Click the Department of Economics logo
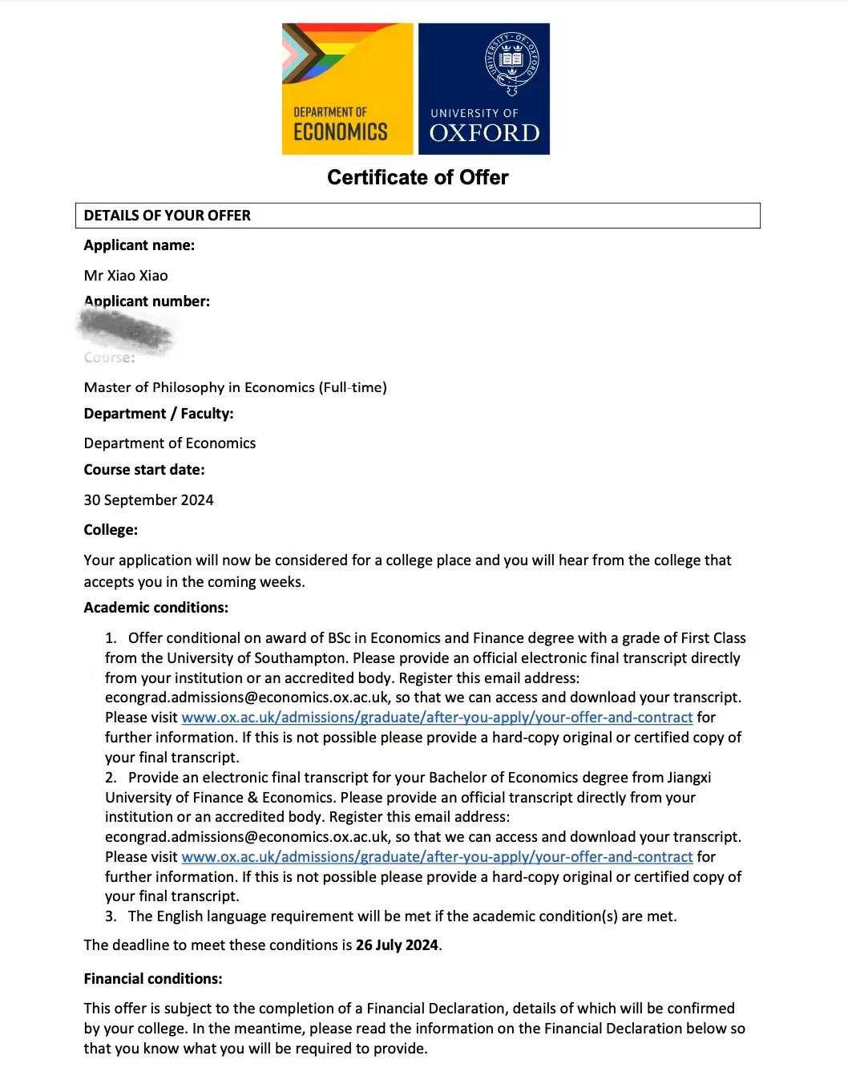pos(347,89)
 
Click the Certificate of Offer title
pos(418,177)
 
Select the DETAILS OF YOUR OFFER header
pos(167,216)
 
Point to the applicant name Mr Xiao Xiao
pos(126,276)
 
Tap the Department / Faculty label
pos(159,414)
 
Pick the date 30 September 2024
pos(148,500)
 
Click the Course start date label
pos(144,470)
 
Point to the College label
pos(111,530)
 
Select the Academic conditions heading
pos(155,608)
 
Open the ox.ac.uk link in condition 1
pos(437,718)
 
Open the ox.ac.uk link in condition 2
pos(437,857)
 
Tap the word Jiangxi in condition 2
pos(689,778)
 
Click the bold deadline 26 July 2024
pos(397,945)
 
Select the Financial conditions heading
pos(152,979)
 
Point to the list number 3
pos(111,916)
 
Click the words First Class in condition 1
pos(713,638)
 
